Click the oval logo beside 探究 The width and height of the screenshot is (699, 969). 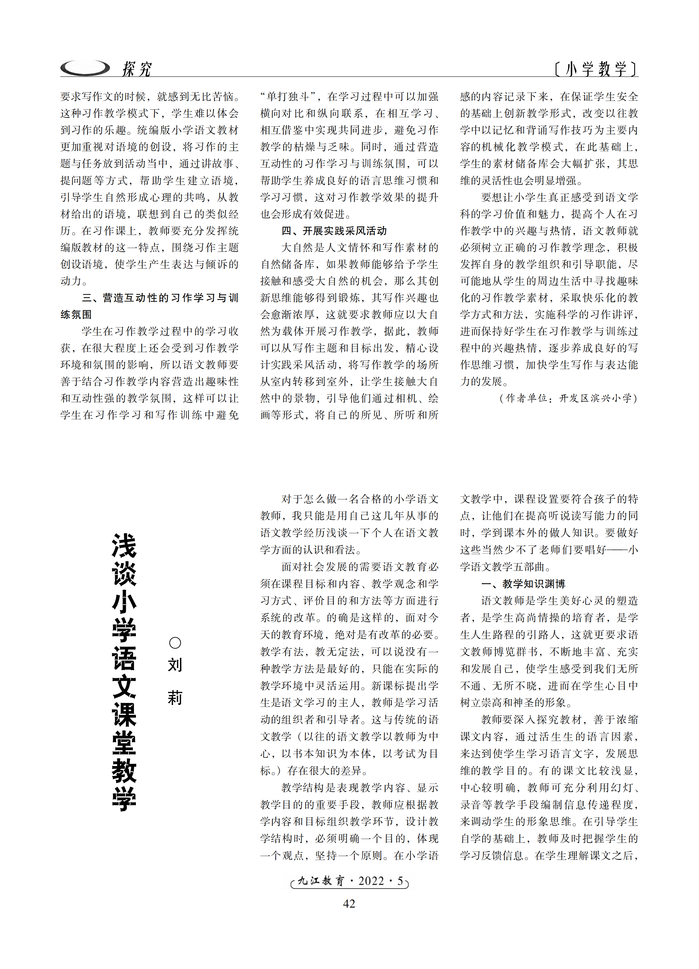pos(85,68)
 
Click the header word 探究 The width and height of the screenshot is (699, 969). pos(137,69)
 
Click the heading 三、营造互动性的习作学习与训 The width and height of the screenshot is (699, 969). pos(160,298)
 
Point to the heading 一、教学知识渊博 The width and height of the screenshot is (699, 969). pos(523,584)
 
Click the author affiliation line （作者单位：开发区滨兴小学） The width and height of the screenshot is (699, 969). pos(568,398)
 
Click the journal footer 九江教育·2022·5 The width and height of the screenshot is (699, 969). pos(350,881)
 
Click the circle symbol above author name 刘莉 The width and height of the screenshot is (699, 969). pos(175,643)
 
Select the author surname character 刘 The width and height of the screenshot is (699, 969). pos(175,665)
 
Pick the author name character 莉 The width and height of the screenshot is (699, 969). pos(175,698)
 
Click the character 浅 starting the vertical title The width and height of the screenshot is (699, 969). pos(124,546)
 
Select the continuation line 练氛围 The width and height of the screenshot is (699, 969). pos(76,315)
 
